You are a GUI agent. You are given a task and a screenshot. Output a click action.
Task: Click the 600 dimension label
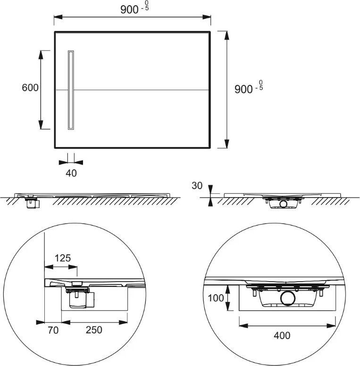(30, 88)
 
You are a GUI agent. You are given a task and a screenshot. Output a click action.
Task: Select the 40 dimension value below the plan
(71, 173)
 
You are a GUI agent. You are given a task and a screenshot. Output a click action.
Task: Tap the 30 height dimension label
(197, 186)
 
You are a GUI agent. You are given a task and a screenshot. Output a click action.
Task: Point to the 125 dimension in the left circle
(63, 258)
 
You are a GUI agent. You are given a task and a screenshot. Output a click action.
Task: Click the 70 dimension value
(53, 330)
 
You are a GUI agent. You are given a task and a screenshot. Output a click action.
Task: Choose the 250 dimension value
(94, 330)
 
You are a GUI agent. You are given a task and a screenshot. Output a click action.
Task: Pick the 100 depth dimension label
(216, 298)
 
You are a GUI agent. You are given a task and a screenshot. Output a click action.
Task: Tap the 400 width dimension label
(282, 336)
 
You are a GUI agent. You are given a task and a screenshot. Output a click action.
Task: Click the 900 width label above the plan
(134, 8)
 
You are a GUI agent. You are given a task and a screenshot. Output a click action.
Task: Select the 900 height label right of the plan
(249, 88)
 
